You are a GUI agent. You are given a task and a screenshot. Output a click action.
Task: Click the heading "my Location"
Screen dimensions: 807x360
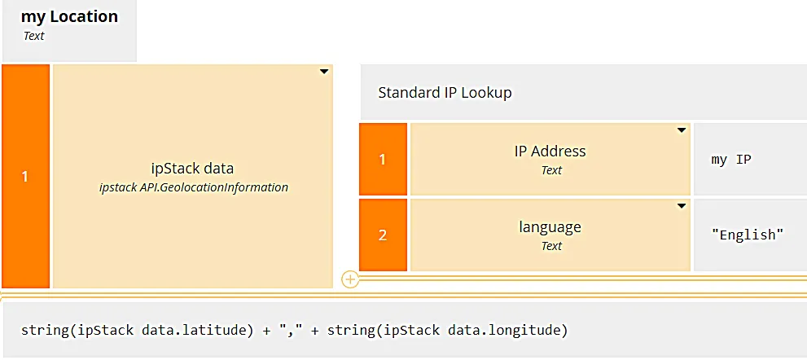pos(69,16)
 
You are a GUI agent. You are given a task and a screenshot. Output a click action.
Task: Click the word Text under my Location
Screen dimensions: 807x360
pos(34,36)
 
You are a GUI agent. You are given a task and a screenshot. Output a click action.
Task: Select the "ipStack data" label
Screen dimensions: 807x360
pos(192,169)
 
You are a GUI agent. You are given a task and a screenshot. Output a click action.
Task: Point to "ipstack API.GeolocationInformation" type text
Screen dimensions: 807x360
pos(194,187)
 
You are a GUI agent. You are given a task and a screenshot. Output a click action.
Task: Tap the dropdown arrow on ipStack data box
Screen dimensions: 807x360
pos(324,72)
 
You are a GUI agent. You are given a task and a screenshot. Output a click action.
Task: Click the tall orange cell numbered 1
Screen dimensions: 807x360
pos(26,176)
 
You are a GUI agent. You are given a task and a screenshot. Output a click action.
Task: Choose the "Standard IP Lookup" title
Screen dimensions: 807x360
pos(445,93)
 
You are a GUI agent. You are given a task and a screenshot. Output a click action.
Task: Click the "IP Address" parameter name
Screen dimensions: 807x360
pos(550,151)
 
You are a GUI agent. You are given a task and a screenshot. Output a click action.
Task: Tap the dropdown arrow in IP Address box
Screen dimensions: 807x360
pos(682,130)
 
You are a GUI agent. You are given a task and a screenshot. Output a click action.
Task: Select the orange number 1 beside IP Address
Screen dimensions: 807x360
pos(383,159)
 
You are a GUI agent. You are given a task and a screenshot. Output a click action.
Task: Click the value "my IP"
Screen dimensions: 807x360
pos(731,160)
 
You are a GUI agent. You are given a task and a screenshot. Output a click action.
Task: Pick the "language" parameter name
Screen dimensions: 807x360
pos(550,227)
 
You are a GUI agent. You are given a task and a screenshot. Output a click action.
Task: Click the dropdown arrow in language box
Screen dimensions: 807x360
pos(682,206)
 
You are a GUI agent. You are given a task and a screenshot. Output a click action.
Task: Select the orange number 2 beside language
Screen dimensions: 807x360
pos(383,235)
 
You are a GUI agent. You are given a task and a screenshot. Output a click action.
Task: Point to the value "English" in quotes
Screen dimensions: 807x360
pos(748,235)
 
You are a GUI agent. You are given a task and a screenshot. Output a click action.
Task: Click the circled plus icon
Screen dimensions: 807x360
pos(350,279)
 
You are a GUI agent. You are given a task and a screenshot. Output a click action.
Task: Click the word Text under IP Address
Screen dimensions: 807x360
pos(551,170)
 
